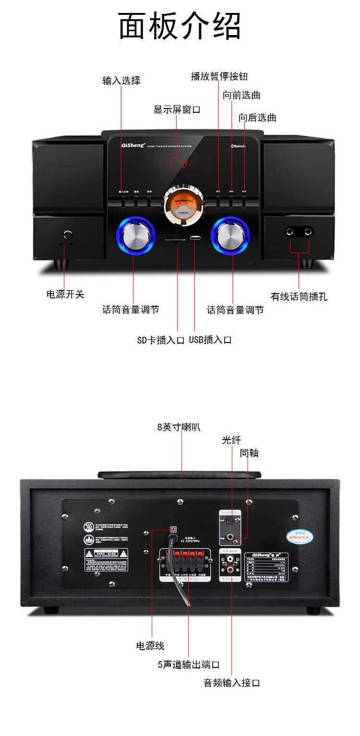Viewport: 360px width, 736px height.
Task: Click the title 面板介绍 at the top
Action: [180, 26]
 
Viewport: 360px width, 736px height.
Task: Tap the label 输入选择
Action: [121, 80]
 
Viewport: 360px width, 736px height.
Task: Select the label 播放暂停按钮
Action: [219, 76]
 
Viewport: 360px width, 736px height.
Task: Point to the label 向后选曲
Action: [257, 118]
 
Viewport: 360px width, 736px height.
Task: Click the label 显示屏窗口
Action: [177, 109]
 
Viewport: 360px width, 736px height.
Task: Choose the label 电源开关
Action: [65, 294]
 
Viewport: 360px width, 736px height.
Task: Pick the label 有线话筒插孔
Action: [299, 297]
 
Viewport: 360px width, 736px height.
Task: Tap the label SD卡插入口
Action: [161, 340]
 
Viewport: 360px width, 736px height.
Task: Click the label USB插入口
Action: [210, 340]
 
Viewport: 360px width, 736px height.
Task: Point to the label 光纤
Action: [231, 440]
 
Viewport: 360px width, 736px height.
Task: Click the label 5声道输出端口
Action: [189, 665]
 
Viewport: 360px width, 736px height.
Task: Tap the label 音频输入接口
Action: [232, 683]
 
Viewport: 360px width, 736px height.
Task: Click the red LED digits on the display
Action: [179, 162]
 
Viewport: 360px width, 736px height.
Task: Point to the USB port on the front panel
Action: [195, 238]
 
